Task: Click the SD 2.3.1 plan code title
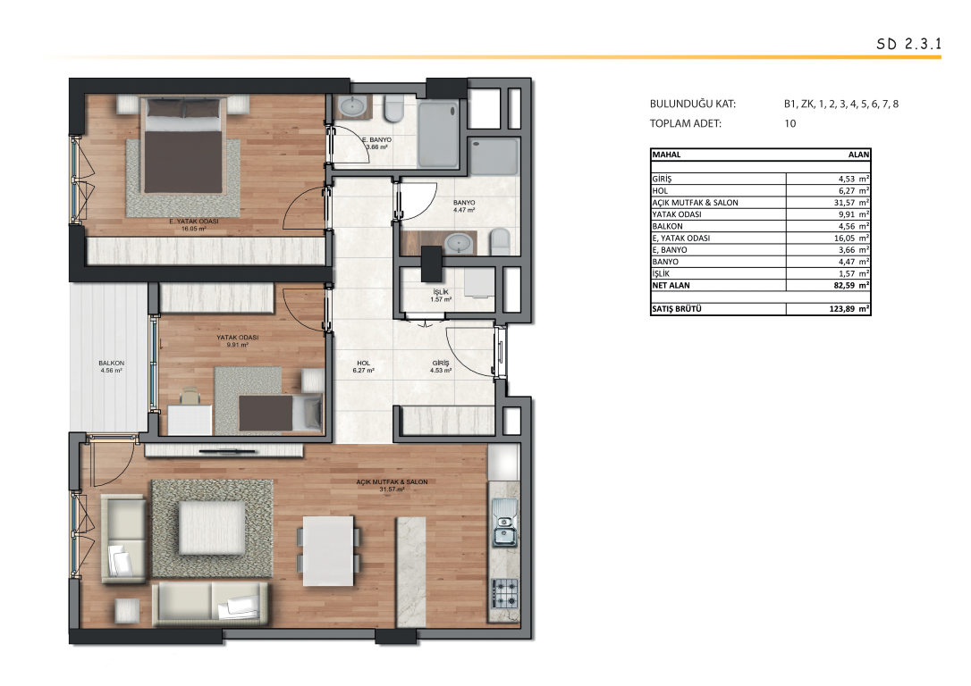pyautogui.click(x=908, y=44)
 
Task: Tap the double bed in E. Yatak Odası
pyautogui.click(x=182, y=146)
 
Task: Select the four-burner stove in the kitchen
pyautogui.click(x=504, y=592)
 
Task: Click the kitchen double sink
pyautogui.click(x=504, y=523)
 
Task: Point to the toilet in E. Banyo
pyautogui.click(x=393, y=109)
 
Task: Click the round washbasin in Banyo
pyautogui.click(x=459, y=242)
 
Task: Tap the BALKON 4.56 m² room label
pyautogui.click(x=112, y=367)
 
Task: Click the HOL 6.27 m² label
pyautogui.click(x=364, y=367)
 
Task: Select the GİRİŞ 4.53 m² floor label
pyautogui.click(x=441, y=367)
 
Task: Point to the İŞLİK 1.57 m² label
pyautogui.click(x=441, y=296)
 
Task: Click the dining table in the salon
pyautogui.click(x=328, y=551)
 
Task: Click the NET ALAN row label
pyautogui.click(x=671, y=285)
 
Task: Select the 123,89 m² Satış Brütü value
pyautogui.click(x=849, y=309)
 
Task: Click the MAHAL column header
pyautogui.click(x=666, y=155)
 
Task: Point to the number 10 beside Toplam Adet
pyautogui.click(x=790, y=123)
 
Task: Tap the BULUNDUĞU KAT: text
pyautogui.click(x=693, y=104)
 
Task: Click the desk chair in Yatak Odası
pyautogui.click(x=190, y=395)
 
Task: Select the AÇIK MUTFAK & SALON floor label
pyautogui.click(x=392, y=481)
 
